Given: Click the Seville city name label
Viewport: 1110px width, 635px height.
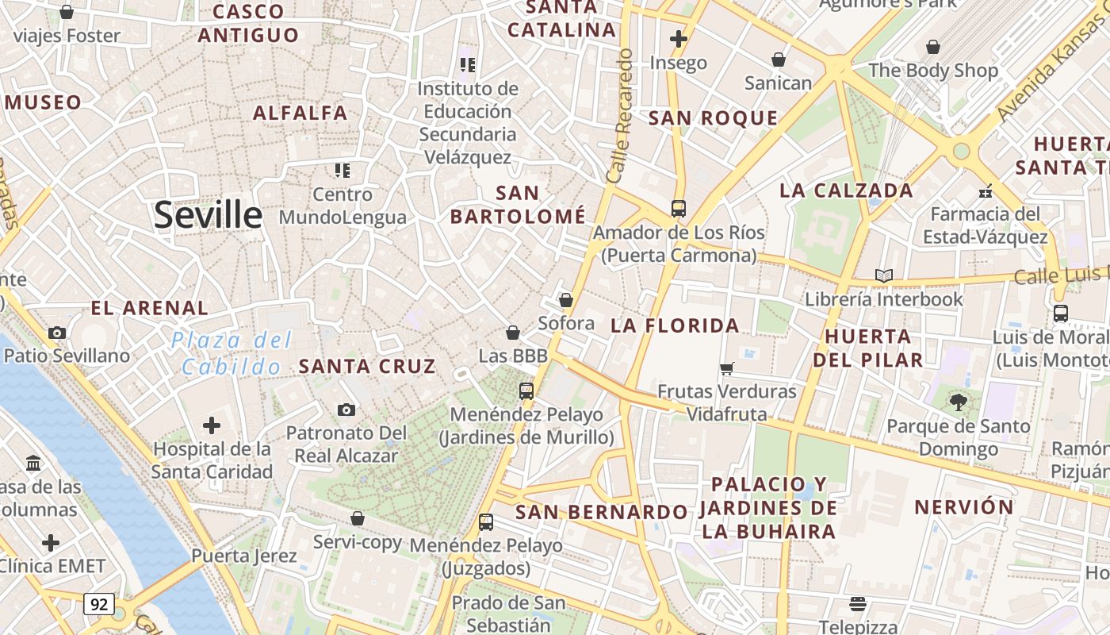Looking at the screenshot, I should (x=208, y=214).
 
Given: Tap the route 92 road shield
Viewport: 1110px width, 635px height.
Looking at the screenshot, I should (x=99, y=604).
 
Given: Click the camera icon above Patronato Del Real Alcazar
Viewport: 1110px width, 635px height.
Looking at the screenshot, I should (x=346, y=410).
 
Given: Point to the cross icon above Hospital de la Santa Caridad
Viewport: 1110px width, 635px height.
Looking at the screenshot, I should (x=212, y=425).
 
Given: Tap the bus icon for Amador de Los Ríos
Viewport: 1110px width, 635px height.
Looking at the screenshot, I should (x=678, y=209).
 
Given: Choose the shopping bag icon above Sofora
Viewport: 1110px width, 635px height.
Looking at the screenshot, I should (x=566, y=300).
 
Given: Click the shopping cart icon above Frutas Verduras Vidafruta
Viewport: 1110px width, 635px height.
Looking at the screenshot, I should (x=726, y=368).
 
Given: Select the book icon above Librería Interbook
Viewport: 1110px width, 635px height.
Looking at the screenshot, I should (x=884, y=275).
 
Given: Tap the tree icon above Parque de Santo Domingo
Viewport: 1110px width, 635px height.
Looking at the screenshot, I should (x=959, y=402).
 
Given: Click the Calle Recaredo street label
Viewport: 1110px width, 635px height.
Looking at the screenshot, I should (x=618, y=116).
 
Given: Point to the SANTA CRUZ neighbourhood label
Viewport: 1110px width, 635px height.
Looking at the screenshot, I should (x=367, y=366).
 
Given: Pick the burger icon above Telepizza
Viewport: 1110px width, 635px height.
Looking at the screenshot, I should (x=857, y=604).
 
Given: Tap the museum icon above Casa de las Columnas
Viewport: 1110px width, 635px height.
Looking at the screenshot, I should (x=33, y=463).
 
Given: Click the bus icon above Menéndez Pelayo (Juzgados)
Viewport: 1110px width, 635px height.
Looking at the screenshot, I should (x=486, y=522).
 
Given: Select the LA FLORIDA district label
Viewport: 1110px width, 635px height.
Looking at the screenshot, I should (x=675, y=325).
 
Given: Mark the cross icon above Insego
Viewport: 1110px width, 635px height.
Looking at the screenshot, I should (x=678, y=39).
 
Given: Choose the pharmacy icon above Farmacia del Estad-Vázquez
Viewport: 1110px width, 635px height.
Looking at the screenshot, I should (x=986, y=190).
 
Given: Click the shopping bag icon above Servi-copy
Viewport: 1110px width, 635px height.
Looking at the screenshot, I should (x=358, y=518).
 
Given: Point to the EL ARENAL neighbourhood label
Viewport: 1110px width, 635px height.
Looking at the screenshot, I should (x=149, y=308).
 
